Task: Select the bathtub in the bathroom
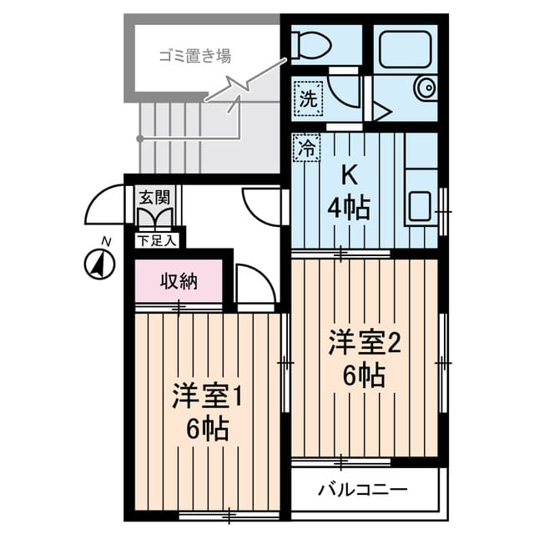pyautogui.click(x=404, y=48)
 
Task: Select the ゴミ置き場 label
pyautogui.click(x=195, y=57)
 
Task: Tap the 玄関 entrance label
pyautogui.click(x=154, y=198)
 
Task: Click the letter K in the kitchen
pyautogui.click(x=348, y=176)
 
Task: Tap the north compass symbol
pyautogui.click(x=99, y=264)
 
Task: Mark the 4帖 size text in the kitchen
pyautogui.click(x=348, y=208)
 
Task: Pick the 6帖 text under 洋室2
pyautogui.click(x=365, y=376)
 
